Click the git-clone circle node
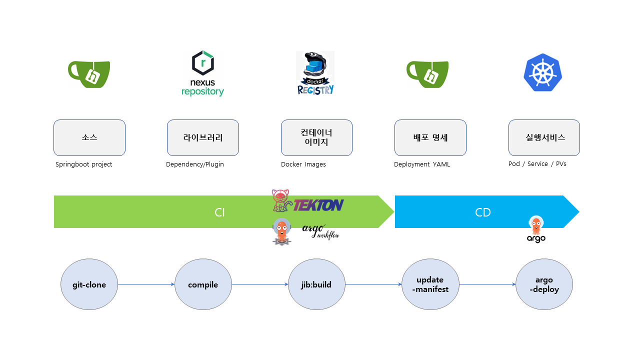pyautogui.click(x=89, y=284)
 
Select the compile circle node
pyautogui.click(x=203, y=284)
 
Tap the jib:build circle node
pyautogui.click(x=316, y=284)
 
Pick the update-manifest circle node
pyautogui.click(x=430, y=284)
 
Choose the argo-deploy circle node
pyautogui.click(x=544, y=284)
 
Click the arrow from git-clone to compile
pyautogui.click(x=146, y=284)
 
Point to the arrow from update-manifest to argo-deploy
pyautogui.click(x=487, y=284)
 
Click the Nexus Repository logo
pyautogui.click(x=202, y=73)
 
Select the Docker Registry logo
pyautogui.click(x=315, y=73)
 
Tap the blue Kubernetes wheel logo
pyautogui.click(x=543, y=73)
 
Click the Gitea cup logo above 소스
pyautogui.click(x=89, y=74)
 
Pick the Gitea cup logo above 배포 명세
pyautogui.click(x=427, y=74)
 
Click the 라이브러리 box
pyautogui.click(x=203, y=137)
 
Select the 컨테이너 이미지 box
pyautogui.click(x=316, y=137)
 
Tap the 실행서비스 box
pyautogui.click(x=544, y=137)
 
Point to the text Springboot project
pyautogui.click(x=84, y=164)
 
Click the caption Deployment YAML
pyautogui.click(x=422, y=164)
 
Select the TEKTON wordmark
pyautogui.click(x=318, y=205)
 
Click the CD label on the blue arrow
pyautogui.click(x=482, y=212)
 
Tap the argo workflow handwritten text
pyautogui.click(x=320, y=231)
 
